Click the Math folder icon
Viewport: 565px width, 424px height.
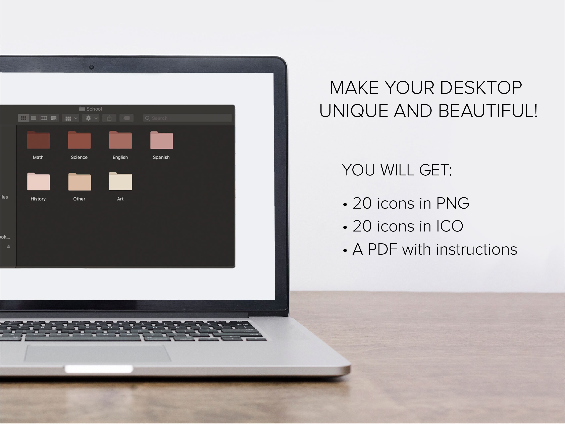[38, 140]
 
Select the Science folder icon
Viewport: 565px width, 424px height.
[79, 140]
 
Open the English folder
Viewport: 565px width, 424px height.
[120, 140]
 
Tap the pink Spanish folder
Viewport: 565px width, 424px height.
[161, 140]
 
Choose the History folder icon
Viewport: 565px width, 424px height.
[38, 182]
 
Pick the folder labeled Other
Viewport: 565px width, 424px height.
[80, 182]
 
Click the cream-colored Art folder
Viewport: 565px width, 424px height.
[120, 181]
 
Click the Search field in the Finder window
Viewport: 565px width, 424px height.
[188, 118]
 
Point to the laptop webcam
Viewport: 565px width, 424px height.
[91, 67]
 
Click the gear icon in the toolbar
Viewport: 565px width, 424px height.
[88, 118]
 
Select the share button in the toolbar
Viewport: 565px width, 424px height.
[109, 118]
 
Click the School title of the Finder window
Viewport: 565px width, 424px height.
[94, 109]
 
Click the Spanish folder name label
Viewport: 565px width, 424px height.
[161, 157]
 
